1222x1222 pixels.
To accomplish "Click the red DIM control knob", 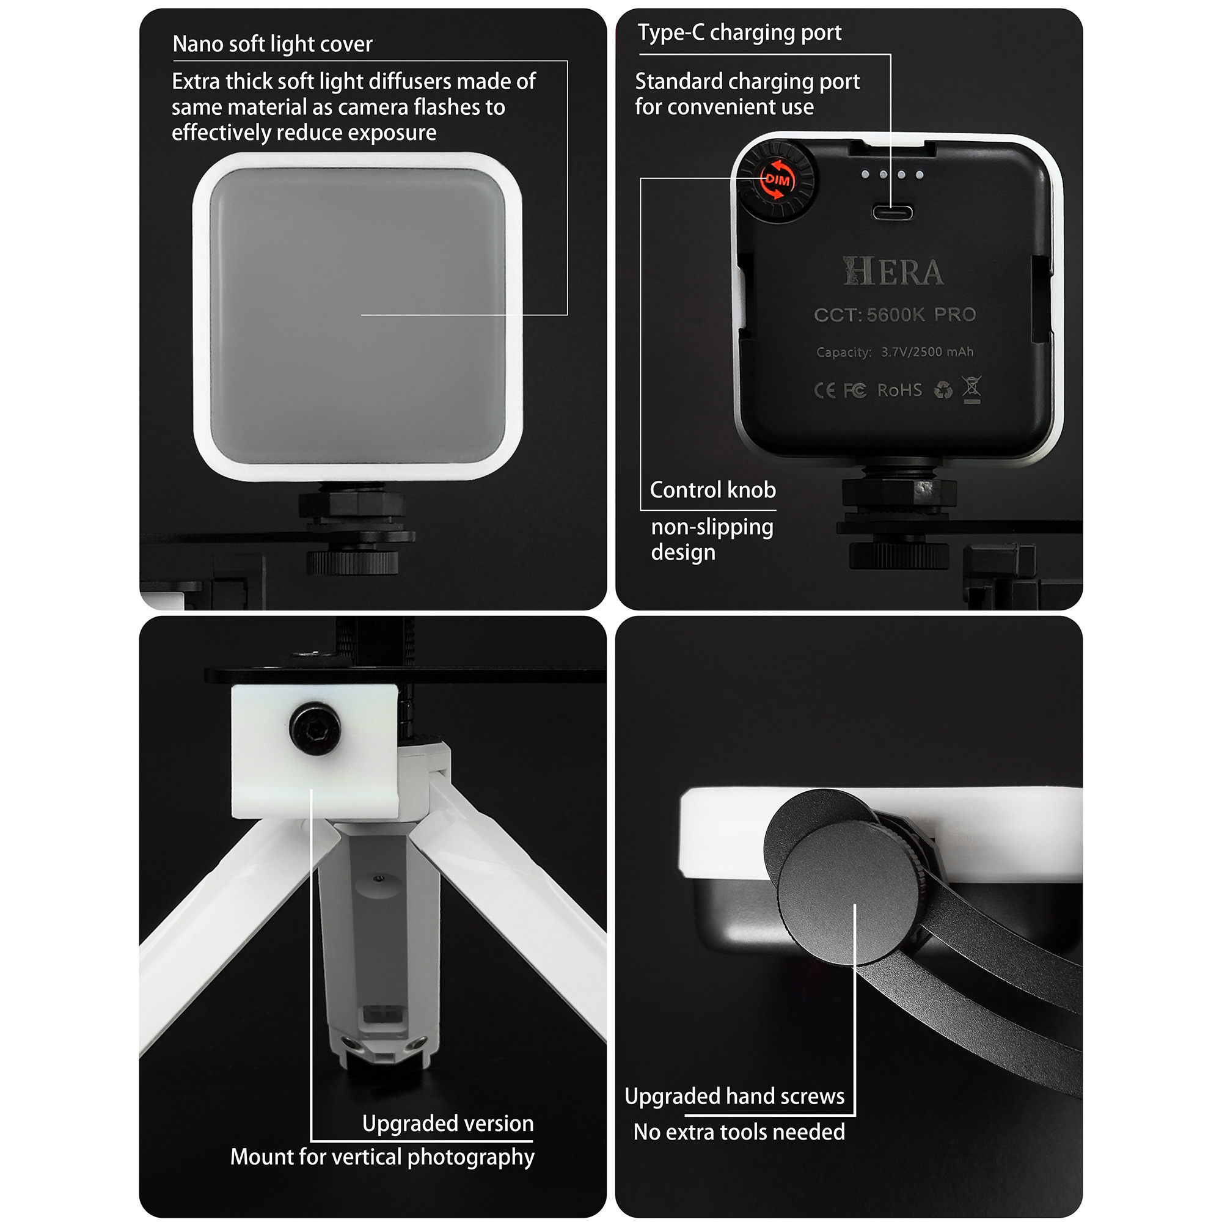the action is (777, 180).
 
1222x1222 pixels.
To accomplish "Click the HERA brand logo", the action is (893, 271).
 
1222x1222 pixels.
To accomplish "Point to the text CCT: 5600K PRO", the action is (895, 314).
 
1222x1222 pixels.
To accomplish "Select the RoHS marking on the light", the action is (899, 390).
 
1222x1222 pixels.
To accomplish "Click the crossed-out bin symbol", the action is (971, 389).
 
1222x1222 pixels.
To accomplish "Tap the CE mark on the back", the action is (825, 390).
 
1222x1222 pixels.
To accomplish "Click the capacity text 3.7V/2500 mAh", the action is (927, 352).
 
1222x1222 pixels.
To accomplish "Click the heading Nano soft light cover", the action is (273, 43).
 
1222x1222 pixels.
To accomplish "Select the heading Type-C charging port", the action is (739, 32).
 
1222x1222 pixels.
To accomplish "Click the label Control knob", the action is (713, 489).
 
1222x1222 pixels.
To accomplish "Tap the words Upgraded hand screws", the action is (734, 1096).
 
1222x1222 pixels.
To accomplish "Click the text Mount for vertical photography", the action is (382, 1157).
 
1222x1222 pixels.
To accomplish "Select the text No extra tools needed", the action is (739, 1132).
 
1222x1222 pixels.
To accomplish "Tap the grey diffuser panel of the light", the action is (357, 315).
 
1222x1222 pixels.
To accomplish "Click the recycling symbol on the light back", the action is (943, 390).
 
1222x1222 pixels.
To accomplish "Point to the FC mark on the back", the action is (855, 391).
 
